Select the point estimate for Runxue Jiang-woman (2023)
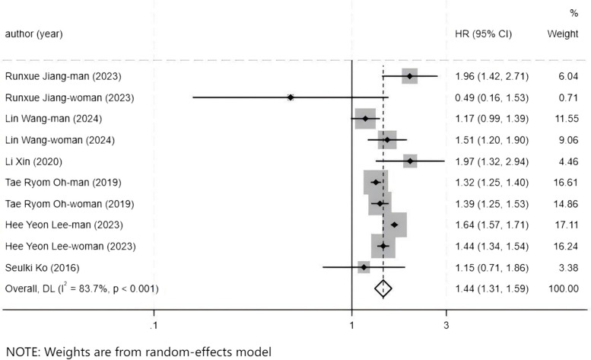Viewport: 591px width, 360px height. (x=291, y=97)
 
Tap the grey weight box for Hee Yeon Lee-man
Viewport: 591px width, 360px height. (x=395, y=225)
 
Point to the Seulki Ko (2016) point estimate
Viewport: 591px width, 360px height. (x=364, y=267)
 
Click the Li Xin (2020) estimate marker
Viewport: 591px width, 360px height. (x=411, y=161)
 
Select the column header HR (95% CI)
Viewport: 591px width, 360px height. (x=483, y=34)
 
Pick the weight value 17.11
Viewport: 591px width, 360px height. (x=564, y=225)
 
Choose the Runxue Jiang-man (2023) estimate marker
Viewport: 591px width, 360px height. (x=410, y=76)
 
